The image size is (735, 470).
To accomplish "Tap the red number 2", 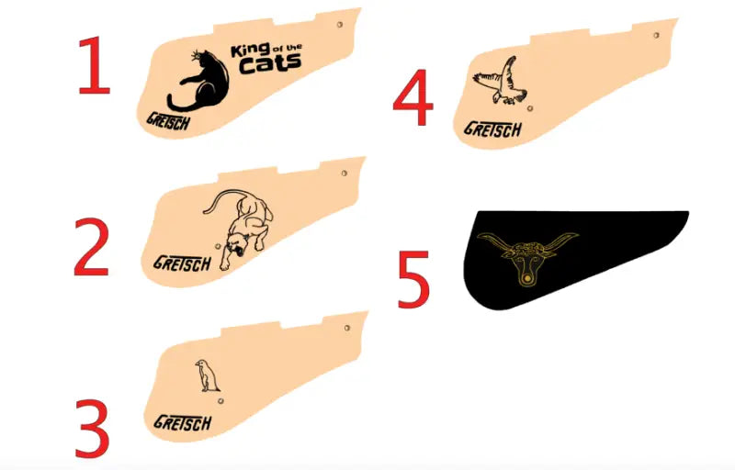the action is pyautogui.click(x=92, y=247).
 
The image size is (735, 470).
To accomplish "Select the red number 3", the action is pyautogui.click(x=93, y=429).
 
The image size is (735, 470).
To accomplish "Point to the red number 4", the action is pyautogui.click(x=413, y=97).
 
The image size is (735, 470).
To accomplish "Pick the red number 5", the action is pyautogui.click(x=414, y=279).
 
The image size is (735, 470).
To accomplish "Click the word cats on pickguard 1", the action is pyautogui.click(x=269, y=64).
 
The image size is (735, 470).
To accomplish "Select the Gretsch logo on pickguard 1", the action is pyautogui.click(x=168, y=122).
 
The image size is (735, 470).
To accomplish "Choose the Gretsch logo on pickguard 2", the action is pyautogui.click(x=182, y=264).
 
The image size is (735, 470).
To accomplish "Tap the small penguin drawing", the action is pyautogui.click(x=207, y=375).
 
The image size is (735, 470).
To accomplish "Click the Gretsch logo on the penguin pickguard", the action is pyautogui.click(x=182, y=422).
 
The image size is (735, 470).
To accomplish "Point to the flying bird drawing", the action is pyautogui.click(x=500, y=82).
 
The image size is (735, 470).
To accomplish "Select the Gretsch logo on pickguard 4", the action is pyautogui.click(x=492, y=129).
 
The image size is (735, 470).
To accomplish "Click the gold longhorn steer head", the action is pyautogui.click(x=527, y=257).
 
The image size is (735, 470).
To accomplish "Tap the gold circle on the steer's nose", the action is pyautogui.click(x=527, y=278).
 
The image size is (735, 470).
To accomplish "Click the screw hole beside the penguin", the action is pyautogui.click(x=220, y=401).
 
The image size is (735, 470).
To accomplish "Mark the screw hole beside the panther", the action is pyautogui.click(x=218, y=246).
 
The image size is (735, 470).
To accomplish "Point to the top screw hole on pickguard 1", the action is pyautogui.click(x=340, y=25).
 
